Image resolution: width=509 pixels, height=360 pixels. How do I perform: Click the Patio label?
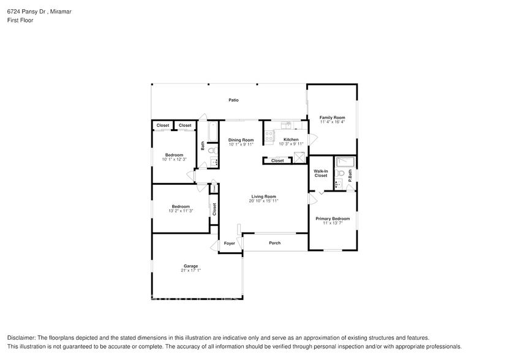(233, 100)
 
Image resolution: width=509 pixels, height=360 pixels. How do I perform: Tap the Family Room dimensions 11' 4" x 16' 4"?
(333, 122)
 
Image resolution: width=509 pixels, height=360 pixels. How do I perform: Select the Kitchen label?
(291, 140)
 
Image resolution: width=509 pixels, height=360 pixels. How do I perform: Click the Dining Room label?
(241, 140)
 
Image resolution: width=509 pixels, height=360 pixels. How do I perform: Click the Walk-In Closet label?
(320, 173)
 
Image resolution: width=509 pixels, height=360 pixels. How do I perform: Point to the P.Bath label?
(350, 175)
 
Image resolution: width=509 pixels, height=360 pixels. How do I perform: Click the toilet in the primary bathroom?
(339, 173)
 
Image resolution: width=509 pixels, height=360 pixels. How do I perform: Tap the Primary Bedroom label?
(333, 219)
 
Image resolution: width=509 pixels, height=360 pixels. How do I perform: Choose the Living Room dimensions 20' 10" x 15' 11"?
(263, 201)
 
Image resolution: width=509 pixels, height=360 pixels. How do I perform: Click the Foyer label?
(229, 243)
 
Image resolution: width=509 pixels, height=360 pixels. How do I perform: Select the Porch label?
(275, 243)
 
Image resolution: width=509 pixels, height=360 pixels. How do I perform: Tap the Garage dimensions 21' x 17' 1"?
(190, 270)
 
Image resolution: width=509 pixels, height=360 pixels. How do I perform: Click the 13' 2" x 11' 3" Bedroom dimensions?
(180, 211)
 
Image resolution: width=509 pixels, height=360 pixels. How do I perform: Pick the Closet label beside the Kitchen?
(277, 160)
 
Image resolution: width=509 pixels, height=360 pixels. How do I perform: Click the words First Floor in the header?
(21, 20)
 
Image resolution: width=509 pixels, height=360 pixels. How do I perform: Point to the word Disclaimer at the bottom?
(21, 338)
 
